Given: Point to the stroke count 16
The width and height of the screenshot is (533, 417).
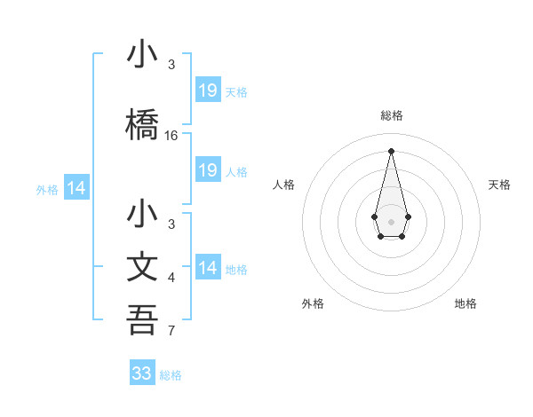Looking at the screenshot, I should pyautogui.click(x=171, y=136).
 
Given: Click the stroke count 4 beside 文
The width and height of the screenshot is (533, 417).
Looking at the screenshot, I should pyautogui.click(x=171, y=278).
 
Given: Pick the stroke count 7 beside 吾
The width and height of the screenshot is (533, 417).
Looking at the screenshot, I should pyautogui.click(x=171, y=332).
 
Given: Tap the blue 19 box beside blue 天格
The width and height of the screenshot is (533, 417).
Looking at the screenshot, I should pyautogui.click(x=208, y=90).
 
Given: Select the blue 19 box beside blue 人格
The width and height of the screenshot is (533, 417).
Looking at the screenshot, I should pyautogui.click(x=208, y=170).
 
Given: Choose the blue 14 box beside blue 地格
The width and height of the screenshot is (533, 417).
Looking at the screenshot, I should pyautogui.click(x=208, y=268).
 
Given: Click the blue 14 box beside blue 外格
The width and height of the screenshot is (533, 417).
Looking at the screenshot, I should pyautogui.click(x=76, y=188).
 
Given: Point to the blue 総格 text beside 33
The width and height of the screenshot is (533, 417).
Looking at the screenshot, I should pyautogui.click(x=171, y=375).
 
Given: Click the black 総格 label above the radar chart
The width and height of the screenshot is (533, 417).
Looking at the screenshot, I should pyautogui.click(x=392, y=115).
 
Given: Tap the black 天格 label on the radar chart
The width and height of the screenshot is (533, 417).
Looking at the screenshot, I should pyautogui.click(x=500, y=185).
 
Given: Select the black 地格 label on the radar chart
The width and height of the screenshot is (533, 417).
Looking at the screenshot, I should pyautogui.click(x=465, y=304).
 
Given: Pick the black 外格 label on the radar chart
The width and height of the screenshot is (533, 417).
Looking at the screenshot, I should pyautogui.click(x=313, y=304).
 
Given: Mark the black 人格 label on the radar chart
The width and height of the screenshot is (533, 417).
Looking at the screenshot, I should pyautogui.click(x=283, y=185).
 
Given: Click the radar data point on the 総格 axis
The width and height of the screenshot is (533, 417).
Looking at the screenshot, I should pyautogui.click(x=391, y=150).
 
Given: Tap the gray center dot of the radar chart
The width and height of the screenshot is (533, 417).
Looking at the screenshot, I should pyautogui.click(x=391, y=220).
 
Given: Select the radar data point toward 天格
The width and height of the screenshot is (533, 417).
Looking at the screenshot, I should pyautogui.click(x=408, y=216).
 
